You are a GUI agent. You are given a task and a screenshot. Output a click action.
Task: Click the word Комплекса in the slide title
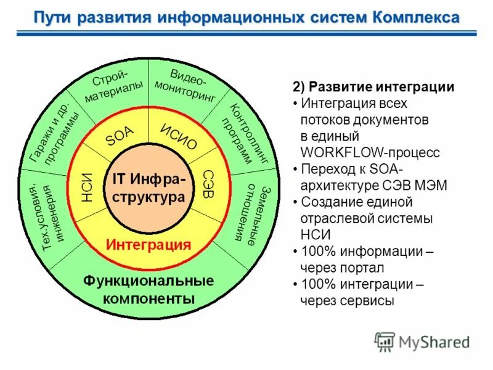click(415, 16)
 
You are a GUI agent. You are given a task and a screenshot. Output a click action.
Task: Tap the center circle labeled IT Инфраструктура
click(148, 188)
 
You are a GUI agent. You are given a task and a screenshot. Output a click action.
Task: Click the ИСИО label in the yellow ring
click(178, 136)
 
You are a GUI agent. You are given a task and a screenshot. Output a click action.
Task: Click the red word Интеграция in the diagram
click(149, 244)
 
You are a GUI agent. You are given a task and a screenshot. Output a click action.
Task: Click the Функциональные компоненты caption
click(149, 290)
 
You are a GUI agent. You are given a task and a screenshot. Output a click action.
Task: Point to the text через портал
click(342, 268)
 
